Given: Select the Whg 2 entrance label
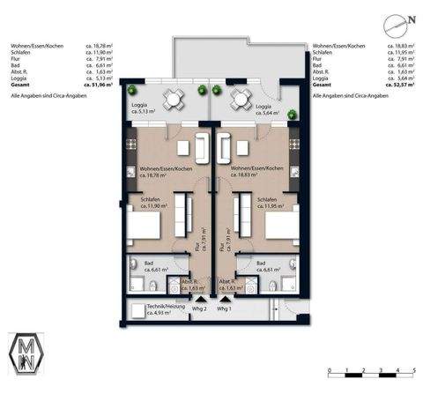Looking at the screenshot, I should click(199, 309).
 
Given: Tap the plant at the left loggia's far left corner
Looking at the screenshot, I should click(131, 90).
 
